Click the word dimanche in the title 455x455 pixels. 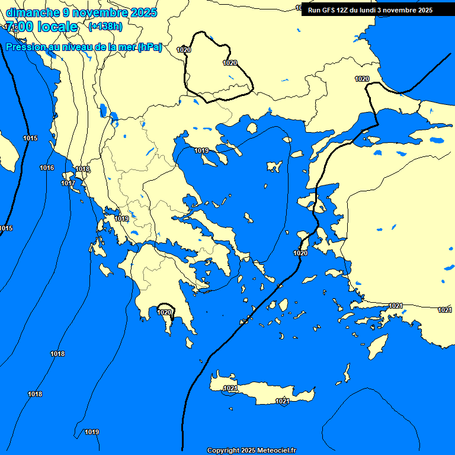[32, 12]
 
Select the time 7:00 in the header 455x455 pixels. [18, 27]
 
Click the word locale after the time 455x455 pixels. [57, 27]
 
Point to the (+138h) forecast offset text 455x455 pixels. [105, 26]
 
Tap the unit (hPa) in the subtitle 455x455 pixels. [149, 47]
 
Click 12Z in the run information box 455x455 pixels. [343, 10]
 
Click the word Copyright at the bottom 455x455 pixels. [223, 451]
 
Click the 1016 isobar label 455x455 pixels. [47, 168]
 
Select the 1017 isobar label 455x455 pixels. [68, 183]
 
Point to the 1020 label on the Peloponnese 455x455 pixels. [164, 312]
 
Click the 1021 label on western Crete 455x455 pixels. [230, 388]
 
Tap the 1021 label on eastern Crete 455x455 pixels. [283, 401]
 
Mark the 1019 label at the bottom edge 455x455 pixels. [91, 432]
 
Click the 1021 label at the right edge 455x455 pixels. [444, 310]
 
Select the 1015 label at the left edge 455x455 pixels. [6, 228]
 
